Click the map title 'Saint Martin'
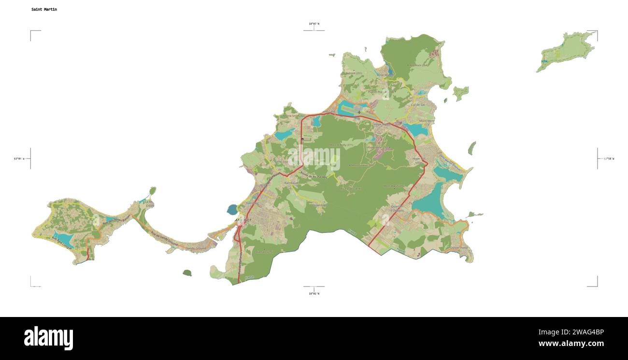(44, 9)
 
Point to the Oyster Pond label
(458, 248)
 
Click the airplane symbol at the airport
(359, 112)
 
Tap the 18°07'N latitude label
(314, 23)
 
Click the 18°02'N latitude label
(314, 293)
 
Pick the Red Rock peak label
(418, 65)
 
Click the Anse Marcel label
(385, 75)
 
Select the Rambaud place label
(291, 183)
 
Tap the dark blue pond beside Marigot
(232, 209)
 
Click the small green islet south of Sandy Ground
(187, 273)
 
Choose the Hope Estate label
(382, 124)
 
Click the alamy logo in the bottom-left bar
(48, 338)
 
